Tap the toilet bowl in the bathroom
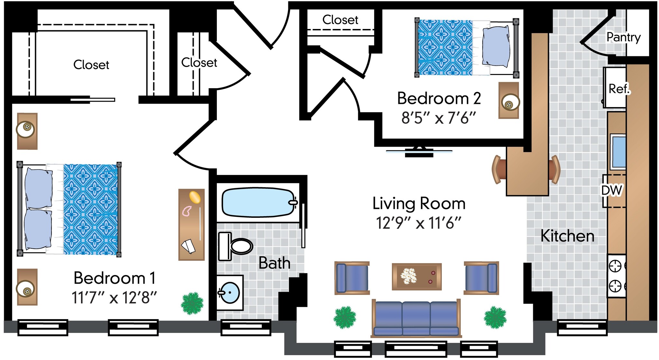[241, 246]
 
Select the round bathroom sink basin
[230, 293]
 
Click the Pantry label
[623, 37]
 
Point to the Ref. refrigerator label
[618, 89]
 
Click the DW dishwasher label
[612, 190]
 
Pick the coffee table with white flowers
[416, 277]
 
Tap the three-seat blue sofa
[416, 318]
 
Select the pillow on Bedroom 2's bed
[496, 47]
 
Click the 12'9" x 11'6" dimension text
[419, 223]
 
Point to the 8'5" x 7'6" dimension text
[438, 118]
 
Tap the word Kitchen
[567, 236]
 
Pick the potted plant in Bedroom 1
[192, 303]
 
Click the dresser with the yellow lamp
[191, 225]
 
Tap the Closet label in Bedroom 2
[340, 20]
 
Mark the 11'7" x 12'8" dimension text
[114, 298]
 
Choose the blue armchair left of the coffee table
[352, 278]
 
